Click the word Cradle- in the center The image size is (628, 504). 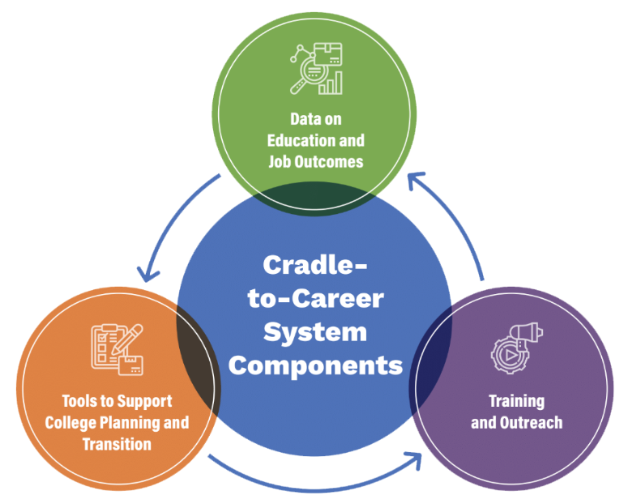coord(314,265)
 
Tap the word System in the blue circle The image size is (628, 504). coord(315,332)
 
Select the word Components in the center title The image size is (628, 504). coord(315,366)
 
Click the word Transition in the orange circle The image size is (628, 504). coord(117,444)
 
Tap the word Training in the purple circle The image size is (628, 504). coord(517,401)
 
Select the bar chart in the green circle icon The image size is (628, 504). coord(331,83)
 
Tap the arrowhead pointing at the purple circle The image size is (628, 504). coord(415,459)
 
